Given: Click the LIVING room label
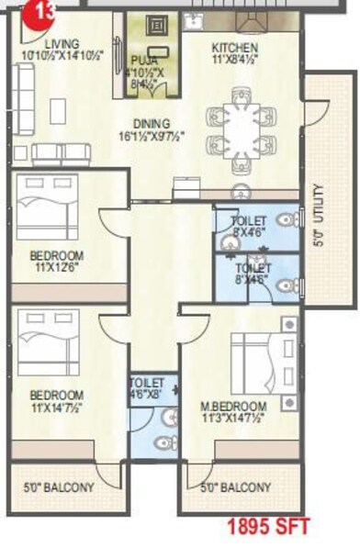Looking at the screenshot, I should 62,43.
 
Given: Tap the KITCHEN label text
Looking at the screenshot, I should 234,48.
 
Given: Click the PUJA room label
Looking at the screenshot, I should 144,62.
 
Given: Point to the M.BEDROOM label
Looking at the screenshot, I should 233,407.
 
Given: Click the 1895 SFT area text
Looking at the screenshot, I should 262,527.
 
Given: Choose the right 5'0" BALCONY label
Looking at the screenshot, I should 235,487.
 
